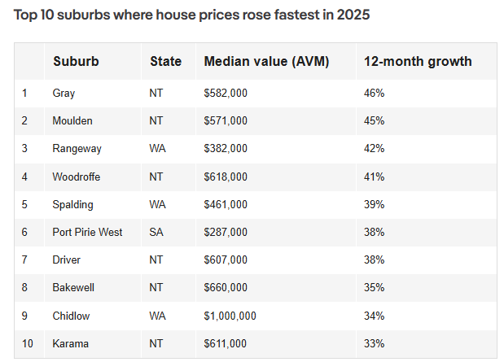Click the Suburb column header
(x=76, y=61)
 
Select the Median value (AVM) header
(x=266, y=61)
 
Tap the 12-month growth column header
(x=418, y=61)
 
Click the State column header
(x=166, y=61)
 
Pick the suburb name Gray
(x=64, y=94)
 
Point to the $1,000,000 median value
(x=230, y=316)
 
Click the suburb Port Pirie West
(x=87, y=232)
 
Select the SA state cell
(x=156, y=232)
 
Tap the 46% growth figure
(x=375, y=94)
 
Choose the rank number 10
(x=28, y=343)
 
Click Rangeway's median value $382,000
(x=226, y=148)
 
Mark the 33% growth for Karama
(x=375, y=343)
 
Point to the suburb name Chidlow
(x=71, y=316)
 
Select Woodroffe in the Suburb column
(x=77, y=177)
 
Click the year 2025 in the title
(x=353, y=15)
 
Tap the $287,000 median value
(x=226, y=232)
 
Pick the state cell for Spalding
(x=157, y=204)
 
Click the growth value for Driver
(x=375, y=260)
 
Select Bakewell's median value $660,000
(x=226, y=287)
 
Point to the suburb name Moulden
(x=72, y=120)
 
